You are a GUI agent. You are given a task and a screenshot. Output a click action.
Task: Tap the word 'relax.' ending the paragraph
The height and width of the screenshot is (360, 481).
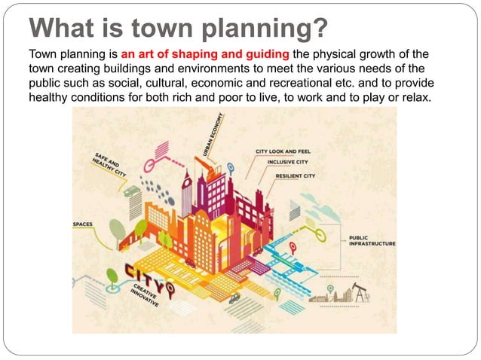click(x=418, y=100)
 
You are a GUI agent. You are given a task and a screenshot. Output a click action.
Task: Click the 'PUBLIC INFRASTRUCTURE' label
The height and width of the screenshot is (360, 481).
click(x=371, y=241)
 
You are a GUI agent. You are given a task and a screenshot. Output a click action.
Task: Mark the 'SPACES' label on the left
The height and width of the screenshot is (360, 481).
click(x=82, y=224)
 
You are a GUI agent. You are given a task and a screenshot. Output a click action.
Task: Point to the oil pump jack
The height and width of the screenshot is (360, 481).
click(x=360, y=292)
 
